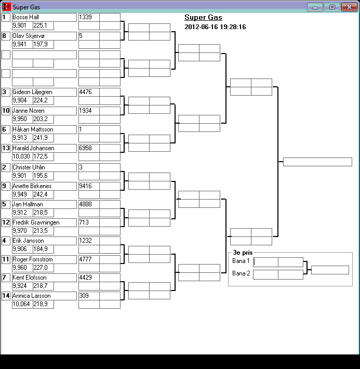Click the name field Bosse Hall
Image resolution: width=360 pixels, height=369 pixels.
[44, 17]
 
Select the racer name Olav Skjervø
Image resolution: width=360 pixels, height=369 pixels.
[44, 36]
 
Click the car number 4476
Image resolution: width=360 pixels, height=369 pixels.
[88, 92]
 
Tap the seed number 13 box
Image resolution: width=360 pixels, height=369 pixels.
[6, 148]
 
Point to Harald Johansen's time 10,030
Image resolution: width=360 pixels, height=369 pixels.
[22, 156]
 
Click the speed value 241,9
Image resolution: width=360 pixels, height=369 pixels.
[43, 138]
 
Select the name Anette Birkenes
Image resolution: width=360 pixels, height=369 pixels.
[44, 186]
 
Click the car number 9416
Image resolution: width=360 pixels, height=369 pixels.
[88, 186]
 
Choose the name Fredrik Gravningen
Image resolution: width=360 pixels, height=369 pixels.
[44, 222]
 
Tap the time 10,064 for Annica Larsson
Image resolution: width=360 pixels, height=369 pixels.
[22, 304]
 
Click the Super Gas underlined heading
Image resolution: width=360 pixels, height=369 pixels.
[203, 18]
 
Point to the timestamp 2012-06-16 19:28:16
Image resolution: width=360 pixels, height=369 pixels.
[215, 27]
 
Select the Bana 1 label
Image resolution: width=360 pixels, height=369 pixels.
[241, 261]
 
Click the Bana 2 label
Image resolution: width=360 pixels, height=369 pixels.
[241, 274]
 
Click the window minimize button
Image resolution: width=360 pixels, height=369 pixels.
[314, 7]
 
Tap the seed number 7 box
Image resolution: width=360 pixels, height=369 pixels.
[6, 278]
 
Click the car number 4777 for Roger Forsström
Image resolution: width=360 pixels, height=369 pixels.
[88, 259]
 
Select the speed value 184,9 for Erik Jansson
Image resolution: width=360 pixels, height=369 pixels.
[43, 249]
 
